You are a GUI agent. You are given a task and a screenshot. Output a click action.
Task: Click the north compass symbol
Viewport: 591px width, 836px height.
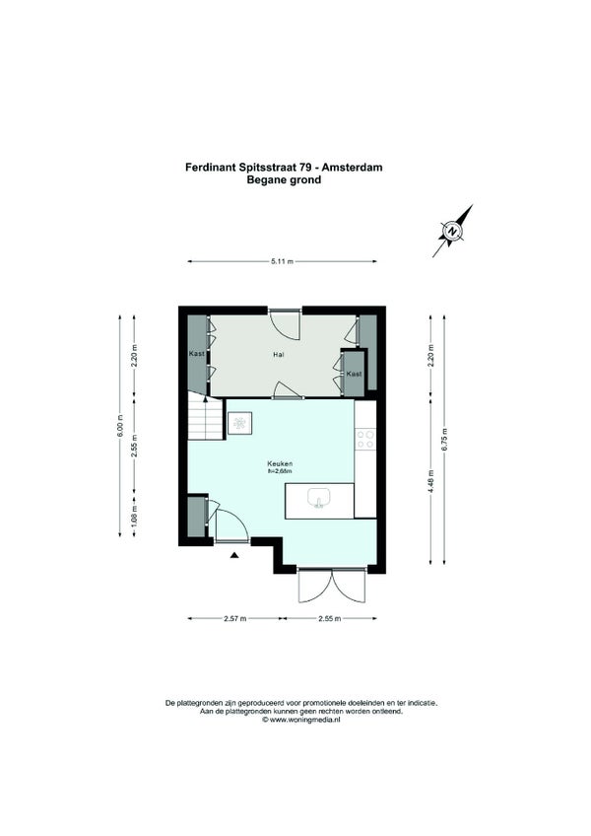tap(452, 232)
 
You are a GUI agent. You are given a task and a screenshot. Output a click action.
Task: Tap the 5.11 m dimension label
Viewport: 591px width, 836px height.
tap(283, 261)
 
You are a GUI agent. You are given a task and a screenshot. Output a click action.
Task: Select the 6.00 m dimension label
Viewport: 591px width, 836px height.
tap(120, 426)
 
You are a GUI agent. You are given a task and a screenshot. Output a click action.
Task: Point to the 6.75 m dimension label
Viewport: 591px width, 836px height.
tap(444, 440)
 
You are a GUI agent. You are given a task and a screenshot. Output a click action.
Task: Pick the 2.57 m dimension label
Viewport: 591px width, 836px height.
tap(235, 618)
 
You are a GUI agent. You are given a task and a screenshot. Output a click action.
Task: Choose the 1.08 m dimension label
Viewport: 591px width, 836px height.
tap(134, 517)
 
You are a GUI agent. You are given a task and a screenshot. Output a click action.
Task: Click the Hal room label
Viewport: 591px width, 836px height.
tap(278, 354)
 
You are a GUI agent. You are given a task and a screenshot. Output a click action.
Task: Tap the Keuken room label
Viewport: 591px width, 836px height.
tap(281, 464)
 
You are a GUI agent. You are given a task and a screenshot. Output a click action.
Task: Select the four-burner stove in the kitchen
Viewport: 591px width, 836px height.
tap(365, 440)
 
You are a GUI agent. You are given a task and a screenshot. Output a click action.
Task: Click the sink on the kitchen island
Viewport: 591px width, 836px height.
tap(319, 498)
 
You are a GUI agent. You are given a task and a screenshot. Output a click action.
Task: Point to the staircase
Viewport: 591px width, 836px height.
tap(205, 416)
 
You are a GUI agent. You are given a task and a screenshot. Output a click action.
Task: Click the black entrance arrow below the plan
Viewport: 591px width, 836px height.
tap(234, 556)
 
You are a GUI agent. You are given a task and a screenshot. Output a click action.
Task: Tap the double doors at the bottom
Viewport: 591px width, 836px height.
tap(333, 586)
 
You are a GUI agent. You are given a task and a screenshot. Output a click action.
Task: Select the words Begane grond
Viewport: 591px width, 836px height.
tap(284, 179)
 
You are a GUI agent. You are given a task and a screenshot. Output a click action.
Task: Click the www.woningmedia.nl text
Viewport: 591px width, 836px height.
tap(304, 720)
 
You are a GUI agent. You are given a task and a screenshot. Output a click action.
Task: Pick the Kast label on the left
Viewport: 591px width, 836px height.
tap(197, 354)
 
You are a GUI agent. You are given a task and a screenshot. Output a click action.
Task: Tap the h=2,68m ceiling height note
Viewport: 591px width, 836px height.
tap(281, 471)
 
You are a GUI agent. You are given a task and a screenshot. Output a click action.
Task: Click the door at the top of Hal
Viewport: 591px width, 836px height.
tap(285, 324)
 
